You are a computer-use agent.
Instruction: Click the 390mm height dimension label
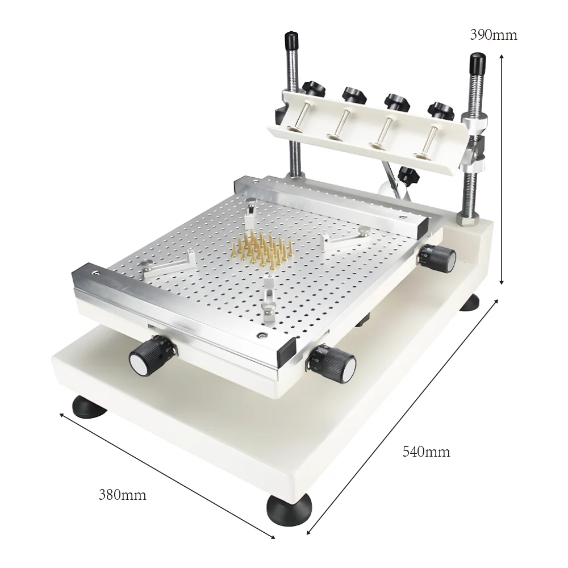point(494,35)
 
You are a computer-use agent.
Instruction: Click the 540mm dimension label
point(426,452)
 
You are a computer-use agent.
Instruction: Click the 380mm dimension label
point(122,495)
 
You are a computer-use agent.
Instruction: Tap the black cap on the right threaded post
point(476,60)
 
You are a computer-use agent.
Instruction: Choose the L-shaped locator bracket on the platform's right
point(346,239)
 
